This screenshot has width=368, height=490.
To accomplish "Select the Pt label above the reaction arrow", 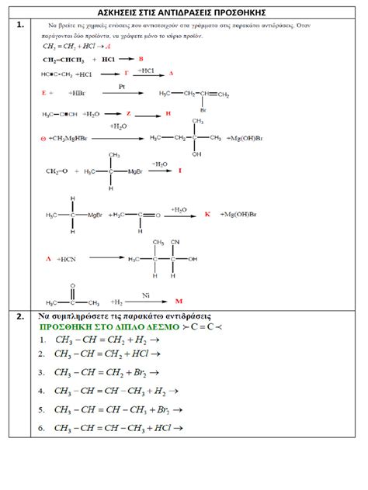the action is (x=122, y=87).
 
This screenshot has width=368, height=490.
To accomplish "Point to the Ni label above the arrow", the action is (x=145, y=295).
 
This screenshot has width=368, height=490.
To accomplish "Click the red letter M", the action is (x=179, y=300).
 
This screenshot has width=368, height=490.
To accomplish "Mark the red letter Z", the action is (x=128, y=113).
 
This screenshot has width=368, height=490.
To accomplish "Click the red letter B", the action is (x=141, y=58).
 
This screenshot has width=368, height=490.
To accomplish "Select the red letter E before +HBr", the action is (x=43, y=92).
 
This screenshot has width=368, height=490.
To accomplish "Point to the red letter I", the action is (x=179, y=170).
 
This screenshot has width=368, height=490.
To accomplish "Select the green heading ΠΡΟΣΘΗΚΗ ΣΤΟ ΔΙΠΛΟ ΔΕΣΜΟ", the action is (x=108, y=326).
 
